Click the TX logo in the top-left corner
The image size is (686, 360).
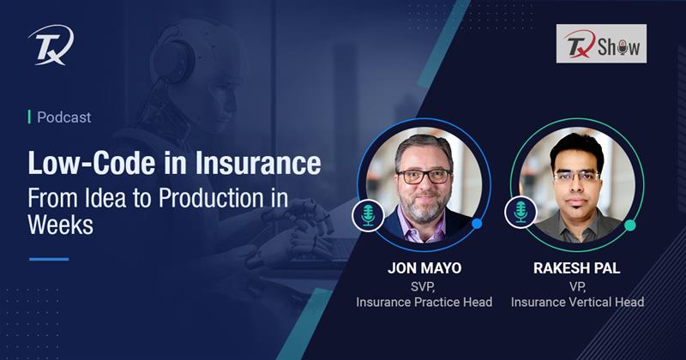(51, 44)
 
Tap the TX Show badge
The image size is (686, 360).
(599, 44)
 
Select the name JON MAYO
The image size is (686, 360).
(424, 268)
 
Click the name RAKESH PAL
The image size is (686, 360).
(577, 268)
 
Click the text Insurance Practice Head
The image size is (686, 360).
(424, 302)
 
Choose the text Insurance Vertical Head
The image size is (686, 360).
(577, 302)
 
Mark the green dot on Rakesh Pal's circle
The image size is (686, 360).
(630, 225)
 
